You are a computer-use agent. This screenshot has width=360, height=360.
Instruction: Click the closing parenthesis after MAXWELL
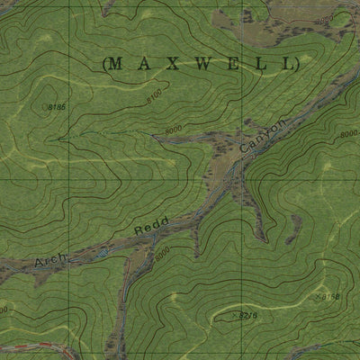pyautogui.click(x=295, y=63)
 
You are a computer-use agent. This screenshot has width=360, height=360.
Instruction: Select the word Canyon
pyautogui.click(x=264, y=135)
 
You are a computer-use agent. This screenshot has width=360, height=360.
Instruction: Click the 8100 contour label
pyautogui.click(x=153, y=93)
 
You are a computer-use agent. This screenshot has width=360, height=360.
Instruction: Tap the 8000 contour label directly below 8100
pyautogui.click(x=173, y=131)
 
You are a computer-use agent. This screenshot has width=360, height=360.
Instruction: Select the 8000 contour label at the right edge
pyautogui.click(x=347, y=135)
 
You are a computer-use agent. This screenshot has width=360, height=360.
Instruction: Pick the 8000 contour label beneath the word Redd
pyautogui.click(x=161, y=256)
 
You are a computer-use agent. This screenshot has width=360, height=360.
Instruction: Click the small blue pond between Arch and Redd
pyautogui.click(x=103, y=254)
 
